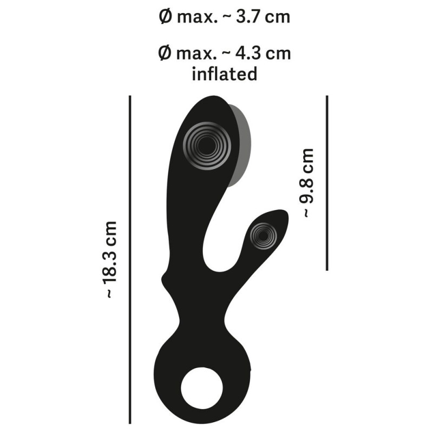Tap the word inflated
pyautogui.click(x=225, y=74)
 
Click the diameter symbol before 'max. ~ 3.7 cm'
pyautogui.click(x=166, y=17)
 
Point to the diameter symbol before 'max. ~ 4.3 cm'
pyautogui.click(x=165, y=53)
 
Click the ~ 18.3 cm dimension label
pyautogui.click(x=110, y=260)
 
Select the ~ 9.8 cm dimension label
pyautogui.click(x=307, y=183)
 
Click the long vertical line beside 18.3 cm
pyautogui.click(x=130, y=259)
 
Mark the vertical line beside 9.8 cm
pyautogui.click(x=327, y=183)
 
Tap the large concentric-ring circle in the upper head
pyautogui.click(x=207, y=146)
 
